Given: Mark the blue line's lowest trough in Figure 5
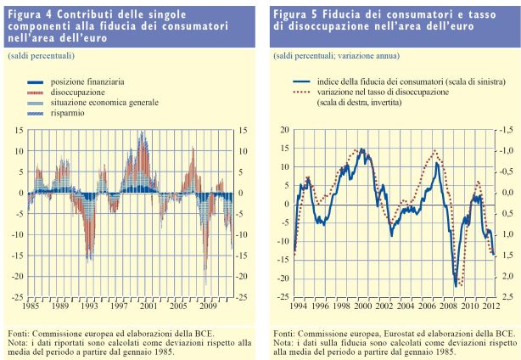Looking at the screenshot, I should (x=456, y=285).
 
